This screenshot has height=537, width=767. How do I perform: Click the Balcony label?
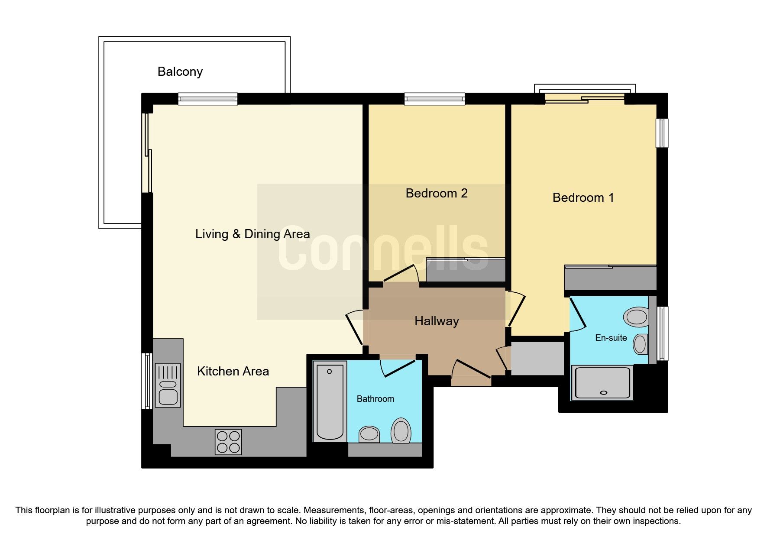click(180, 71)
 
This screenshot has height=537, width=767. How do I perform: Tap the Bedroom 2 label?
click(436, 193)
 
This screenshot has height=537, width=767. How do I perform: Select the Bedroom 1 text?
click(583, 197)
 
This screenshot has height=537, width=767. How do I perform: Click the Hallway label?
click(436, 321)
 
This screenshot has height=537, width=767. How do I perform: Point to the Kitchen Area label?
click(233, 371)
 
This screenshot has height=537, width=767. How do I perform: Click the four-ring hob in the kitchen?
click(228, 441)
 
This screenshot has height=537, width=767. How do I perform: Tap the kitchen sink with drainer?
click(168, 385)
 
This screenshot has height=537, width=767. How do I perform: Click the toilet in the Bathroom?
click(401, 431)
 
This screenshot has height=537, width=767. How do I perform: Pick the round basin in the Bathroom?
click(369, 433)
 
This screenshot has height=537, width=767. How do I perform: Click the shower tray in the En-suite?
click(602, 382)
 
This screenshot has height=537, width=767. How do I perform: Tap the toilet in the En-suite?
click(636, 317)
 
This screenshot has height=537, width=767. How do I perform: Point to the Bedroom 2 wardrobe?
click(466, 270)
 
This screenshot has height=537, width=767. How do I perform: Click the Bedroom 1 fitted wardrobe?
click(610, 278)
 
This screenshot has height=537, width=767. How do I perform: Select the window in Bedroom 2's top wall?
click(434, 99)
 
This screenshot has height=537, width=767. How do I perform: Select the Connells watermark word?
click(383, 249)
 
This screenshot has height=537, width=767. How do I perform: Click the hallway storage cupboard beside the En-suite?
click(537, 358)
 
